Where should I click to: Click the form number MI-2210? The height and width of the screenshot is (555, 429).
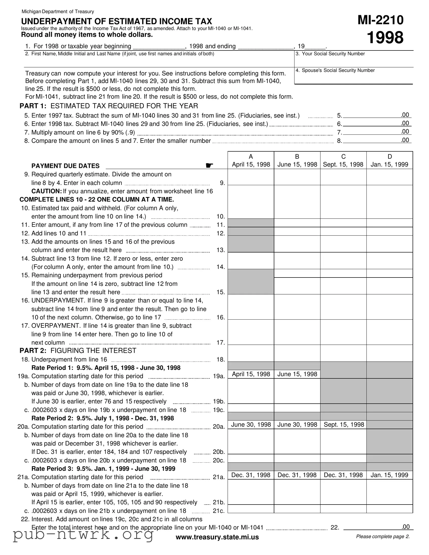point(380,20)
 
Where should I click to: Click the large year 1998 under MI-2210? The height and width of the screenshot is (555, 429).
point(385,38)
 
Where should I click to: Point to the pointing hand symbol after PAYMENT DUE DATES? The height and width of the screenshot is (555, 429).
point(209,166)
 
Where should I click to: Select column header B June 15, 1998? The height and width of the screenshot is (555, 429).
point(297,161)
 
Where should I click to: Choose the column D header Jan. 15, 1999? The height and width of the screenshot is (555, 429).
point(389,161)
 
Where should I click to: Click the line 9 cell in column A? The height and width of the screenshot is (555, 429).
point(251,177)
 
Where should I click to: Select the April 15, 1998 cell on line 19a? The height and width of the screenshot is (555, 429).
point(251,374)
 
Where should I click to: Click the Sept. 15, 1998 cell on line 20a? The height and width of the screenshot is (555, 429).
point(344,425)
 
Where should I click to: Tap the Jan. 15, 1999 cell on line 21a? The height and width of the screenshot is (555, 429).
point(389,475)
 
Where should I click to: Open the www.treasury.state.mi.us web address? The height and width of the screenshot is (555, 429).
point(217,537)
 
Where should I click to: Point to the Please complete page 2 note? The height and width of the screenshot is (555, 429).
point(383,536)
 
